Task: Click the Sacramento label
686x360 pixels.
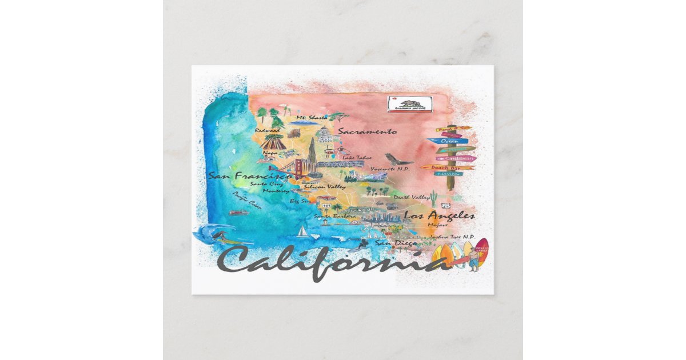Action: tap(366, 131)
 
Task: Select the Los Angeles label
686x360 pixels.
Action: tap(439, 215)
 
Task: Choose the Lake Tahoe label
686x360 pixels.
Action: tap(357, 157)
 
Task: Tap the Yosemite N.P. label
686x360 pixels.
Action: tap(391, 169)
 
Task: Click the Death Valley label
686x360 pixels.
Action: tap(412, 197)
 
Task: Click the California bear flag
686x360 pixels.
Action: tap(409, 104)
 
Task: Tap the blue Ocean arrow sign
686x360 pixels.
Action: tap(448, 141)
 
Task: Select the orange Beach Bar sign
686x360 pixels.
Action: tap(448, 167)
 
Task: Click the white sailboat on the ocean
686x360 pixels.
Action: tap(302, 231)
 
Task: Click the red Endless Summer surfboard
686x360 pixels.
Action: tap(481, 251)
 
